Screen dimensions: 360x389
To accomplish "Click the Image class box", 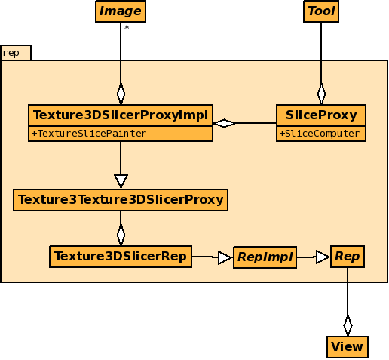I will pyautogui.click(x=120, y=11).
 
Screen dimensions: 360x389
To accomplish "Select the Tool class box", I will pyautogui.click(x=321, y=11).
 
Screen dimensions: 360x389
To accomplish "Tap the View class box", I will pyautogui.click(x=347, y=347).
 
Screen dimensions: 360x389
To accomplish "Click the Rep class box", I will pyautogui.click(x=347, y=257).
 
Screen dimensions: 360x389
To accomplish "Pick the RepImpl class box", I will pyautogui.click(x=265, y=257).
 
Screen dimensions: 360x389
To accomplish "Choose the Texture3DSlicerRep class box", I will pyautogui.click(x=121, y=256).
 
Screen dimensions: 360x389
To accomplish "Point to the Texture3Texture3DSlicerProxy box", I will pyautogui.click(x=121, y=200).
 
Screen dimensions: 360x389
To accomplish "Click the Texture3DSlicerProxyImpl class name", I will pyautogui.click(x=121, y=115).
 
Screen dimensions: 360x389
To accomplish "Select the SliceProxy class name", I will pyautogui.click(x=321, y=115).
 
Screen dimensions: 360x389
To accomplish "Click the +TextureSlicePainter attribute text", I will pyautogui.click(x=89, y=134).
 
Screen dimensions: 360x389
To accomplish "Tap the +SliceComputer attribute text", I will pyautogui.click(x=320, y=134).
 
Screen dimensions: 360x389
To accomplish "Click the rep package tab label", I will pyautogui.click(x=12, y=52).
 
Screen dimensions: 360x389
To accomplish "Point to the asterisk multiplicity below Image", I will pyautogui.click(x=127, y=28).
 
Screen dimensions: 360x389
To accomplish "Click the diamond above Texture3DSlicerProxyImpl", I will pyautogui.click(x=121, y=94).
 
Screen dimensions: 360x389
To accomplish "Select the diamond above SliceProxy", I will pyautogui.click(x=321, y=94).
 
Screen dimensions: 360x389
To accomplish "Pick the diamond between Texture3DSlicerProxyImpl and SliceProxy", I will pyautogui.click(x=224, y=123).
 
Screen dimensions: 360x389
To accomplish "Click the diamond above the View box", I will pyautogui.click(x=347, y=325).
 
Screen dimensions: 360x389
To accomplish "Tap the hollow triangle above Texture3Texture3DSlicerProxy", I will pyautogui.click(x=121, y=181).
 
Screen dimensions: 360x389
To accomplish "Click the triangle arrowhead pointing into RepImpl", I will pyautogui.click(x=225, y=257).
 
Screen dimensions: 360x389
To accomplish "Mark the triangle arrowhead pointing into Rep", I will pyautogui.click(x=323, y=257).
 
